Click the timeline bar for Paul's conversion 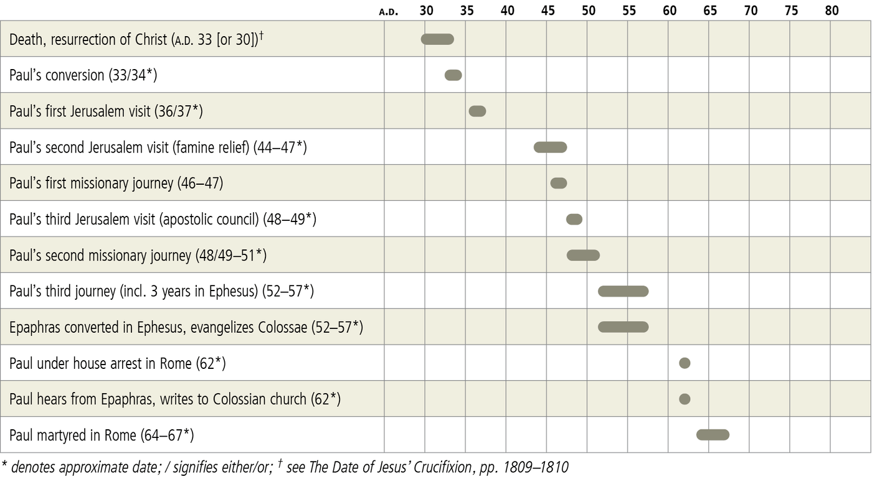(453, 75)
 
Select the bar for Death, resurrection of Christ (437, 39)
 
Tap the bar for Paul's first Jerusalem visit (477, 111)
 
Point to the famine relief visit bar (550, 147)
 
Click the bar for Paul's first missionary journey (559, 184)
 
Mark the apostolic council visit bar (574, 220)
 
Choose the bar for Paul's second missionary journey (583, 256)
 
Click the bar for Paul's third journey (623, 291)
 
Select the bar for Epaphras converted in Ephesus (623, 327)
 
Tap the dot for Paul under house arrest (685, 363)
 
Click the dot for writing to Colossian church (685, 399)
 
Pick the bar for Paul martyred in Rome (713, 435)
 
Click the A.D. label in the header (388, 12)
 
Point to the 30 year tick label (426, 11)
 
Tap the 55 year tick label (629, 11)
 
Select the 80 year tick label (832, 11)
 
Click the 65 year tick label (710, 11)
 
